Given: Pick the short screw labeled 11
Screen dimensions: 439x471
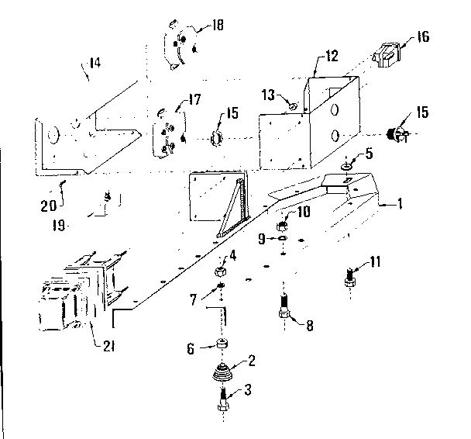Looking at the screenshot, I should coord(351,275).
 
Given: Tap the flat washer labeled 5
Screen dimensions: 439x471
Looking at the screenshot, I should coord(346,164).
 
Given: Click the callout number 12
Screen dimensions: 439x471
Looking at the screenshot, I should coord(332,56).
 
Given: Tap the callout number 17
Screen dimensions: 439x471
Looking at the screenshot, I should coord(192,99).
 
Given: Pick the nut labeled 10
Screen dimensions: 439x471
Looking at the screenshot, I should coord(284,225).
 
